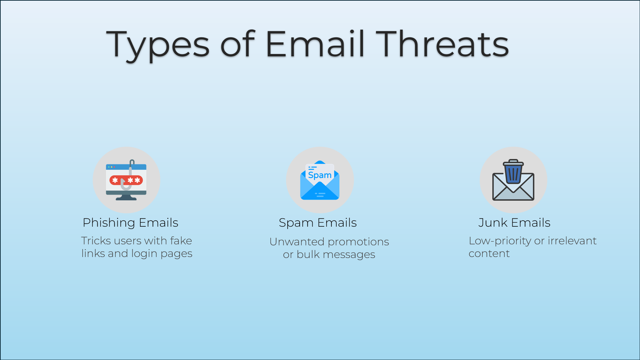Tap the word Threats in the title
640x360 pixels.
tap(443, 44)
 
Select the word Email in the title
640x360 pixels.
tap(315, 44)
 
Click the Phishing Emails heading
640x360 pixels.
tap(130, 223)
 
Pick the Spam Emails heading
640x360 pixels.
tap(318, 223)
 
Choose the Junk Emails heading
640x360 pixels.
tap(514, 223)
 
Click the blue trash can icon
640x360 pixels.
tap(513, 171)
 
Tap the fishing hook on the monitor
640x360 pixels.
tap(128, 176)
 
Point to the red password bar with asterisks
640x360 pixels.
tap(126, 180)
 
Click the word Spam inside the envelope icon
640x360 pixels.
tap(320, 175)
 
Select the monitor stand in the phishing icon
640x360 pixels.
tap(126, 197)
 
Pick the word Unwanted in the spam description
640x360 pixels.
tap(297, 242)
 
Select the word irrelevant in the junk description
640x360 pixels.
tap(572, 241)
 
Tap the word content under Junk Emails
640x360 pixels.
tap(489, 254)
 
